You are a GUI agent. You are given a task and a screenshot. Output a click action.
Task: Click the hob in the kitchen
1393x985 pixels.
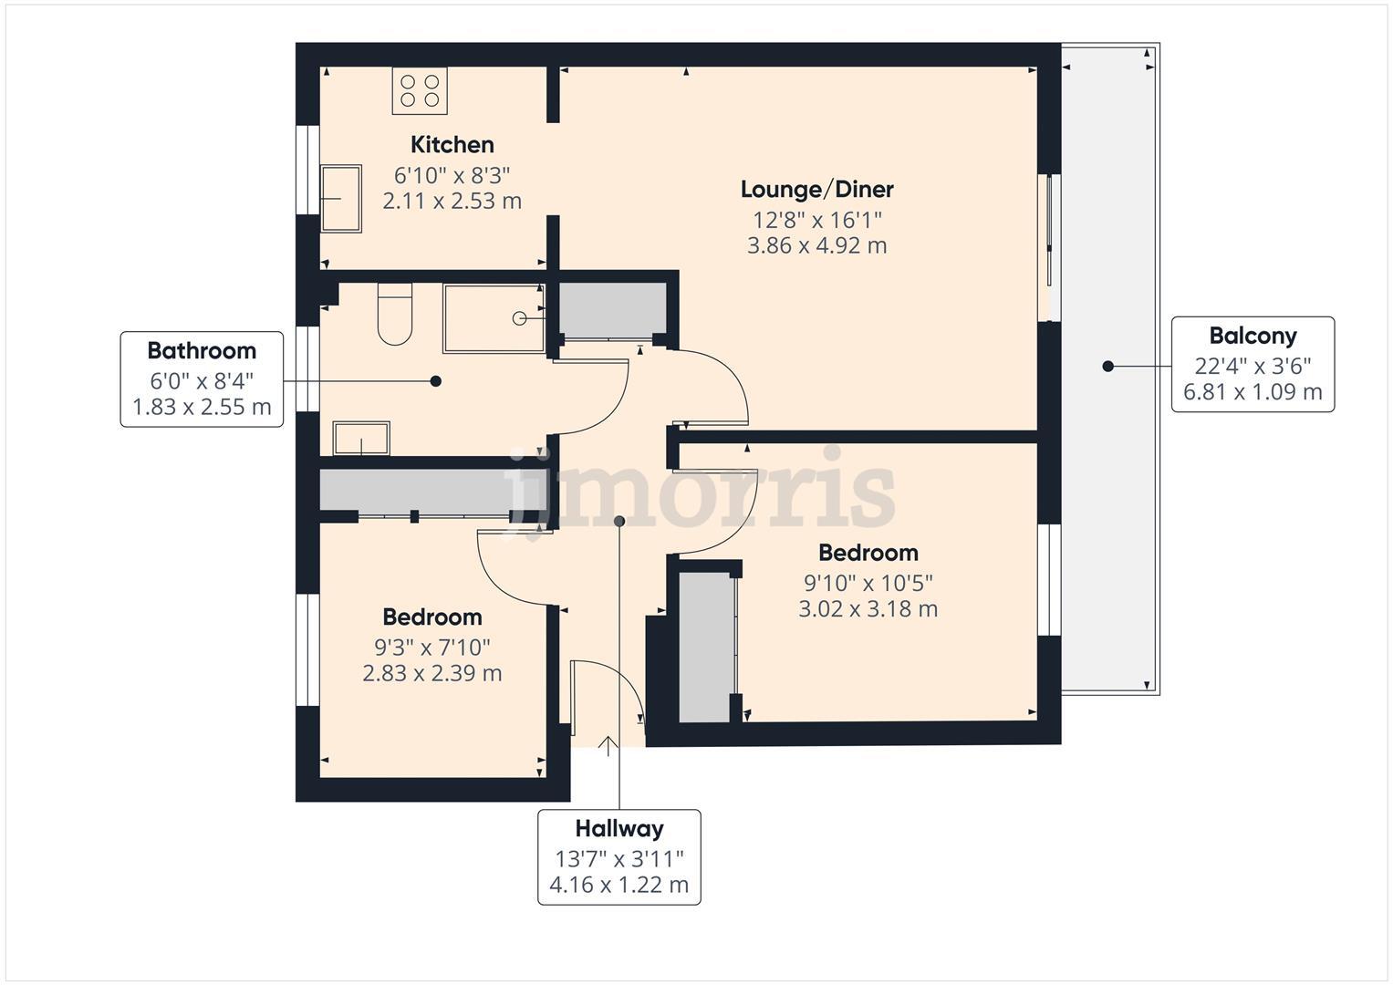click(420, 90)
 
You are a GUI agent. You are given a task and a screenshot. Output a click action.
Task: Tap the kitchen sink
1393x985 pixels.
click(340, 198)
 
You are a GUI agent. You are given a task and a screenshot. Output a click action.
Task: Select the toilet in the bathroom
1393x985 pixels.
click(395, 315)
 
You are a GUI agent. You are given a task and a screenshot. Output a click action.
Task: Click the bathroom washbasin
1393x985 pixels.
click(361, 438)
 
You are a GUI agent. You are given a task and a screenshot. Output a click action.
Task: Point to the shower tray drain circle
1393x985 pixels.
click(519, 318)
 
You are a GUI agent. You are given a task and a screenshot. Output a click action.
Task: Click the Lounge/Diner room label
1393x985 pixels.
click(816, 190)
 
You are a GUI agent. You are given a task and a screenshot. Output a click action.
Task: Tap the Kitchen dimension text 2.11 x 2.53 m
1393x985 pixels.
click(452, 201)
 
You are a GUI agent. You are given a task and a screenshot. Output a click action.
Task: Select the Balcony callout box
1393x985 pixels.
click(1253, 364)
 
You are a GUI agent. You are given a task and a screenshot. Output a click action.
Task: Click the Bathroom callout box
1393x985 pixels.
click(202, 378)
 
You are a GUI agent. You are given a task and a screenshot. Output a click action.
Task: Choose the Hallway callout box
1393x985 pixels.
click(619, 856)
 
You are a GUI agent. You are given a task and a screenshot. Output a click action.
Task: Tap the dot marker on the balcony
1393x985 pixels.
click(1107, 367)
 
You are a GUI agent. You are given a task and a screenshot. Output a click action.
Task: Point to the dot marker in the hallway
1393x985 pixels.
click(619, 521)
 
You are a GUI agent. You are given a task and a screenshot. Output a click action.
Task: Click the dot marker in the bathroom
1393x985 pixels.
click(435, 381)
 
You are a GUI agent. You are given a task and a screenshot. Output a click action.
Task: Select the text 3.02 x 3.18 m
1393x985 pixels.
click(868, 608)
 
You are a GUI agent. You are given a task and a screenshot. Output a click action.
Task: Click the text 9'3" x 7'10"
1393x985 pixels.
click(432, 648)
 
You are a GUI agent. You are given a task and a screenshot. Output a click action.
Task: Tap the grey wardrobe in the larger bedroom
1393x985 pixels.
click(705, 647)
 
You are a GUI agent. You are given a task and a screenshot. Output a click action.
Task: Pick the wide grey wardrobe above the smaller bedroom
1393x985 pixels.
click(415, 492)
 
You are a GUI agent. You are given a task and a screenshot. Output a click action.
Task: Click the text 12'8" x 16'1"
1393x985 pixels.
click(816, 220)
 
